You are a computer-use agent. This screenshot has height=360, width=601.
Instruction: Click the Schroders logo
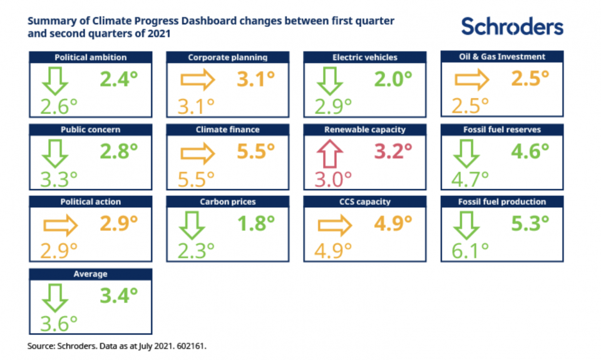[x=512, y=26]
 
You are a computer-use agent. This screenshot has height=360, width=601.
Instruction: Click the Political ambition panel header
[x=90, y=58]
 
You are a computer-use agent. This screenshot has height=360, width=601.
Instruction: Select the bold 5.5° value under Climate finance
[x=255, y=152]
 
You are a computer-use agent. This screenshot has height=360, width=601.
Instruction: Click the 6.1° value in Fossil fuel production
[x=470, y=251]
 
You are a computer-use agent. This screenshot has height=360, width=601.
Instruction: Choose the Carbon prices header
[x=228, y=202]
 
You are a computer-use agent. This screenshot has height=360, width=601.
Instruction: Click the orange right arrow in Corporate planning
[x=197, y=80]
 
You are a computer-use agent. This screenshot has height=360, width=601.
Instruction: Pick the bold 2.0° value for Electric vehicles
[x=393, y=80]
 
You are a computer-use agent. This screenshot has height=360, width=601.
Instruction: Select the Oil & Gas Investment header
[x=502, y=57]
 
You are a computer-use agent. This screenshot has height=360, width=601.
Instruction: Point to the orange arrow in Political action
[x=59, y=225]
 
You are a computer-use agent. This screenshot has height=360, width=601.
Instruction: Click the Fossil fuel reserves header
[x=502, y=130]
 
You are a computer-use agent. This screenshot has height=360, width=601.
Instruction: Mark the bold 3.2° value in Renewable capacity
[x=393, y=152]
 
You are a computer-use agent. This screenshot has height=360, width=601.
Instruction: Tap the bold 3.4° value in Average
[x=118, y=296]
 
